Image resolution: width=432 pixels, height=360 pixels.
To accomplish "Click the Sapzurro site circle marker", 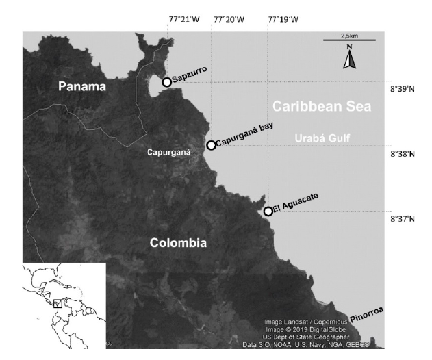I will [166, 82].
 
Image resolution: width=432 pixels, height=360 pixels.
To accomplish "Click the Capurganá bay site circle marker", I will [211, 145].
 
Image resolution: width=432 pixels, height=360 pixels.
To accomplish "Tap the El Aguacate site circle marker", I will [268, 211].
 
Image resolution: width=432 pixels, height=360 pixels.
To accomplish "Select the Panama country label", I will [82, 86].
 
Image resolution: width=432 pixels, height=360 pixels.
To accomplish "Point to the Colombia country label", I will [178, 243].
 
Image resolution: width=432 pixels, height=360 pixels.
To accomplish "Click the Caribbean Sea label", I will [321, 107].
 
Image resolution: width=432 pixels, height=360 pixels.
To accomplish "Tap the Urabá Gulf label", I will [322, 138].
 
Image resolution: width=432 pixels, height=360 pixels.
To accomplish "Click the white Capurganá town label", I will [168, 153].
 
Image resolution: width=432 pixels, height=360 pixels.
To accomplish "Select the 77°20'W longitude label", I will [229, 19].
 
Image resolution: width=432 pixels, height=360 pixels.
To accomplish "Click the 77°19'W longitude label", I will [283, 19].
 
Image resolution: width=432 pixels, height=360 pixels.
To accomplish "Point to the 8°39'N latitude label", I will [403, 89].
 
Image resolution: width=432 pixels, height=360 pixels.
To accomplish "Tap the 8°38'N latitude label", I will [403, 154].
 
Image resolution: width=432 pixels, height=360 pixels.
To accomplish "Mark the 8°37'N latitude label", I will [403, 219].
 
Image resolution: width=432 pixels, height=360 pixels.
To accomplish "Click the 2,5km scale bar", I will [348, 41].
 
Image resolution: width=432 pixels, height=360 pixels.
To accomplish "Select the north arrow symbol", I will [349, 58].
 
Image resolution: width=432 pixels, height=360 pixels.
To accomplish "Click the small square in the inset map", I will [58, 303].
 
